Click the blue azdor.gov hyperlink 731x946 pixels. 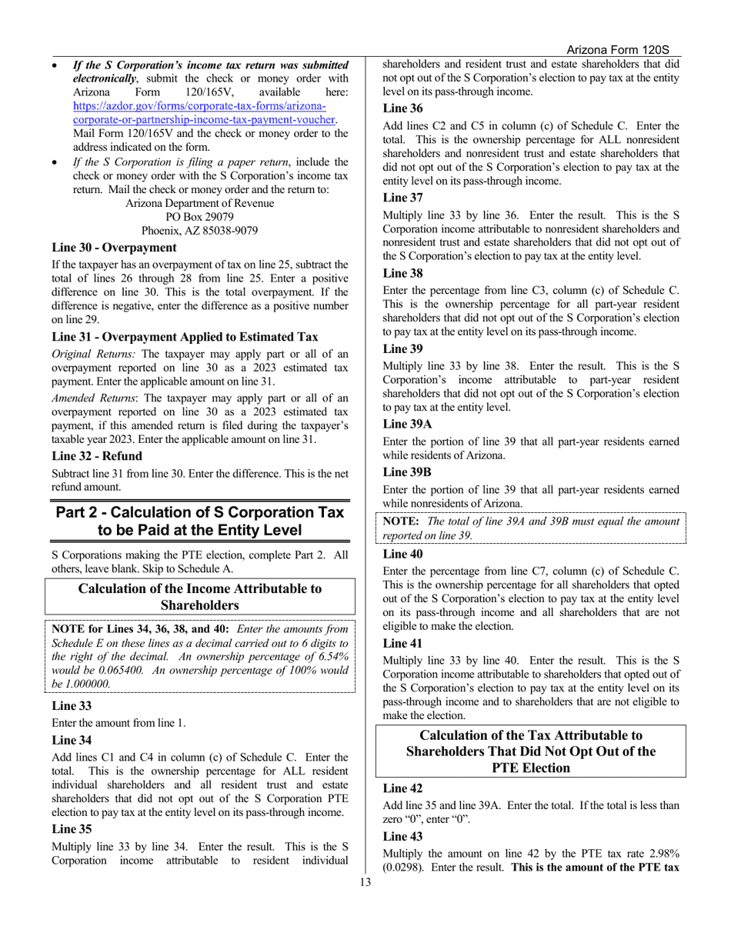pyautogui.click(x=199, y=113)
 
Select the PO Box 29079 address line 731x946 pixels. pyautogui.click(x=199, y=217)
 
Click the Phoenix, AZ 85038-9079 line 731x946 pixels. pyautogui.click(x=199, y=231)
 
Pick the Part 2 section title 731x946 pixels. pyautogui.click(x=200, y=521)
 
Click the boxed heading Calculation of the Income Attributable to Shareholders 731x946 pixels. pyautogui.click(x=200, y=597)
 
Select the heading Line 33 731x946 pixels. pyautogui.click(x=72, y=705)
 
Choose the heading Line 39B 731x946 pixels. pyautogui.click(x=407, y=471)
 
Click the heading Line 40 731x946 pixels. pyautogui.click(x=402, y=553)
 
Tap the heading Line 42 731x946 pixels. pyautogui.click(x=402, y=788)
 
